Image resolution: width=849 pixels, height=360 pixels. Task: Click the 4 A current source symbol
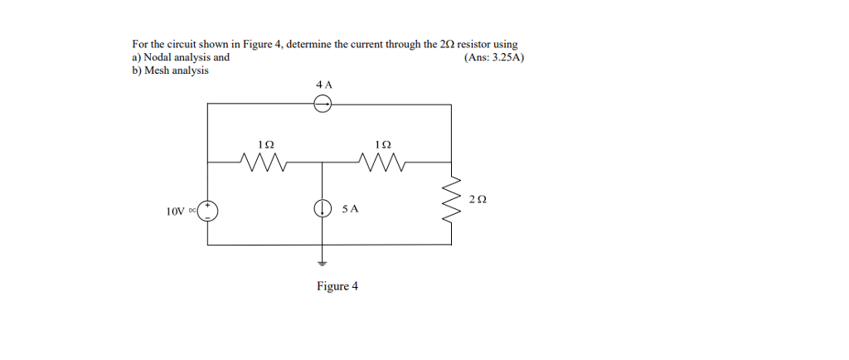pos(323,104)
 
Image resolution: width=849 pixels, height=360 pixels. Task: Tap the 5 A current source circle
pos(323,208)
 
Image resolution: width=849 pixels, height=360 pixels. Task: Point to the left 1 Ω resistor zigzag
pos(263,161)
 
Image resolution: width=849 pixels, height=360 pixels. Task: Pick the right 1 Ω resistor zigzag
pos(381,161)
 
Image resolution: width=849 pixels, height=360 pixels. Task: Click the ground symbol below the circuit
pos(323,264)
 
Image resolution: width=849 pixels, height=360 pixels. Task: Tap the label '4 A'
pos(324,84)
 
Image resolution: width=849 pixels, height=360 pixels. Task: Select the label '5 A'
pos(351,208)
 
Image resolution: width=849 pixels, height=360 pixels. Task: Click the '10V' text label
pos(176,212)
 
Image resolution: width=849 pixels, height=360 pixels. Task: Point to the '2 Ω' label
pos(478,200)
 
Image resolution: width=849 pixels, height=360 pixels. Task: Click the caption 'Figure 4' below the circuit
pos(337,286)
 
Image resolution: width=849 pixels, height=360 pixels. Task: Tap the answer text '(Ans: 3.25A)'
pos(494,57)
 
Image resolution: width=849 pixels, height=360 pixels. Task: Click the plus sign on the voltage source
pos(208,207)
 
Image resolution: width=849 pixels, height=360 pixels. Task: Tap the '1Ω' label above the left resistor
pos(266,144)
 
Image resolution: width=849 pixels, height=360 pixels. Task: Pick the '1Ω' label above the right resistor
pos(382,144)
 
